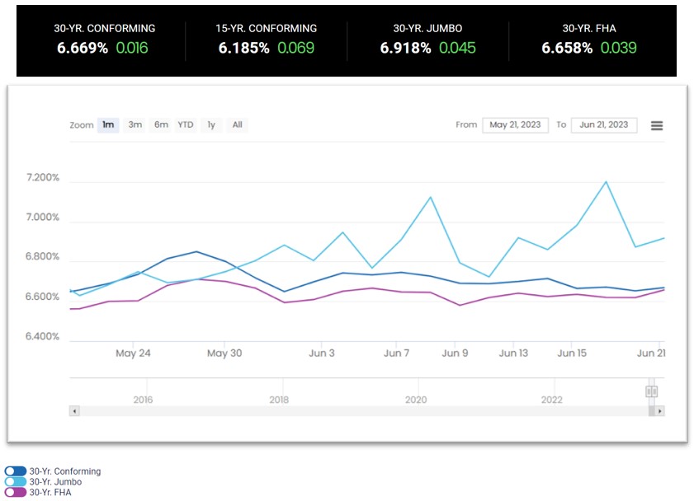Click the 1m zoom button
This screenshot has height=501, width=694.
pos(107,125)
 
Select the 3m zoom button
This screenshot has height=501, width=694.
pos(135,125)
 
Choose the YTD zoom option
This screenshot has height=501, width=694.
pos(186,125)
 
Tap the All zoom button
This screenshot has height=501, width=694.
pos(237,125)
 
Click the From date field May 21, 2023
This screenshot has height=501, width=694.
pos(515,125)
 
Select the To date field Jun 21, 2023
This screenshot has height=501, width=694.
pos(604,125)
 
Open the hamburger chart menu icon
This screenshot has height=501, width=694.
pos(657,125)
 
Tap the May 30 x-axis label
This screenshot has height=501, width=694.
pos(224,354)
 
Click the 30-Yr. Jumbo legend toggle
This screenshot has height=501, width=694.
pos(16,482)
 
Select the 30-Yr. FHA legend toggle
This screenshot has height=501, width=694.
pos(16,493)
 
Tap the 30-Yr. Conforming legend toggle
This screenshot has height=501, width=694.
pos(16,471)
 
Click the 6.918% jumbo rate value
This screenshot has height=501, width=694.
pos(405,48)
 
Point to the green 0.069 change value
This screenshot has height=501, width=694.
pos(295,48)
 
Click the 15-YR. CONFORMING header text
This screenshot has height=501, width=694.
pos(266,28)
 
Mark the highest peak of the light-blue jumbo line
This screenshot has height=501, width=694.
pos(607,181)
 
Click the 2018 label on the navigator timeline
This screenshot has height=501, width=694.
pos(279,400)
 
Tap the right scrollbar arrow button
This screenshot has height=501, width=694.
pos(659,410)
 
